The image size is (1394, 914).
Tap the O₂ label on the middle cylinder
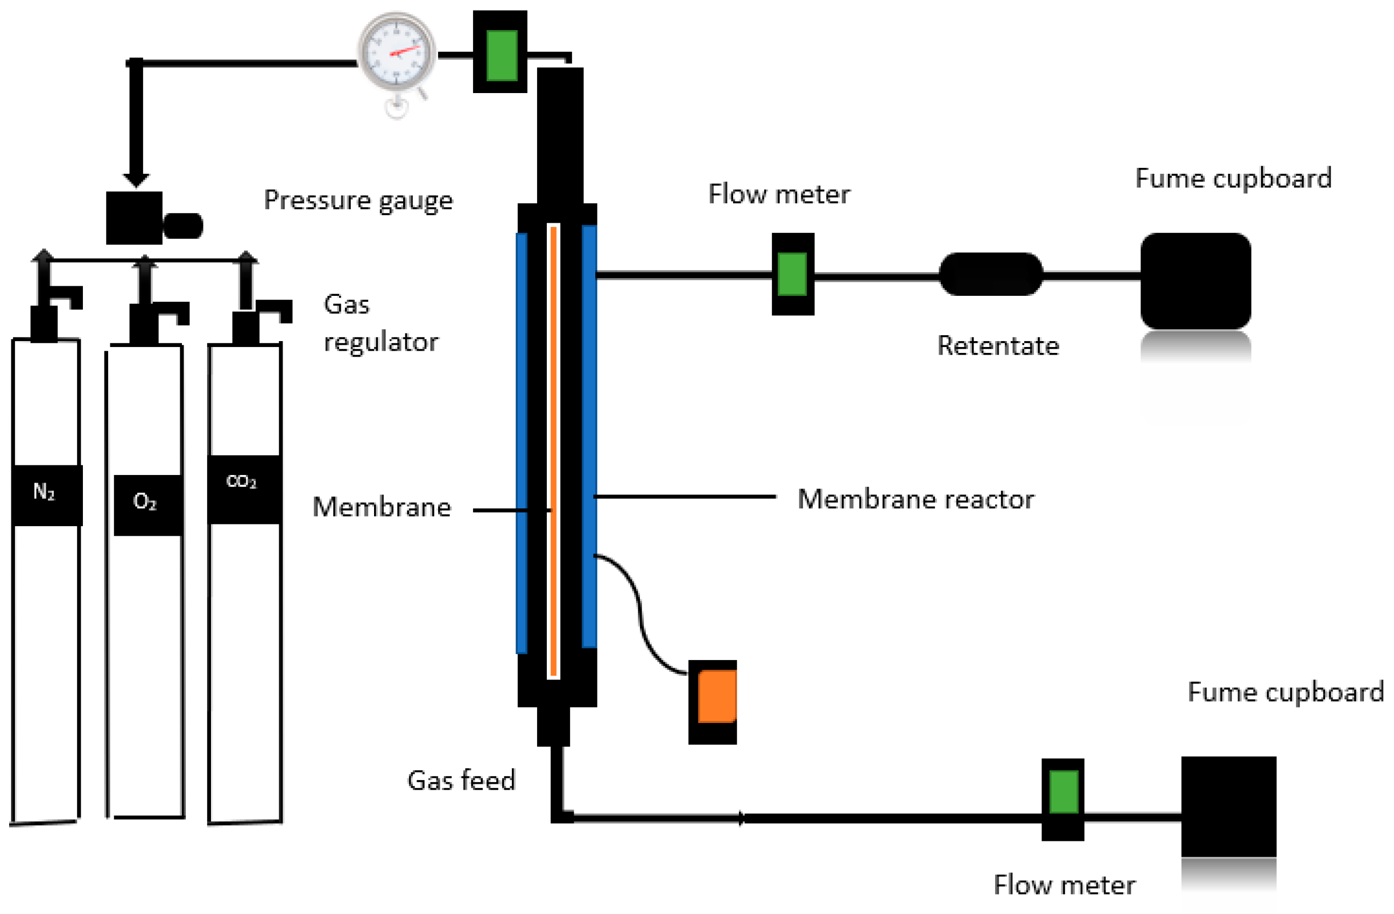point(145,501)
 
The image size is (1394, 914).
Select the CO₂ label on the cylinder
point(241,481)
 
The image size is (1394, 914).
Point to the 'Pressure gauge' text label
point(358,201)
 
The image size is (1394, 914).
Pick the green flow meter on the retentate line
point(792,274)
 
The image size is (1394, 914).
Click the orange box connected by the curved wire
point(716,696)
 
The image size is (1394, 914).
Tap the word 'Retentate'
point(998,345)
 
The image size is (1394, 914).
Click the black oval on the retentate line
point(990,274)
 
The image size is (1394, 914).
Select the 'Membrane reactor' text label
point(916,499)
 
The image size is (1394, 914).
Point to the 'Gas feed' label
point(461,780)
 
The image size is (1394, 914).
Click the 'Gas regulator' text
point(379,323)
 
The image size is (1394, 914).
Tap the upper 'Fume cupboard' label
point(1233,178)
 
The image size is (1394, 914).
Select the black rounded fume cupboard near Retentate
point(1195,280)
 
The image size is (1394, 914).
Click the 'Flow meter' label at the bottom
point(1064,885)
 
